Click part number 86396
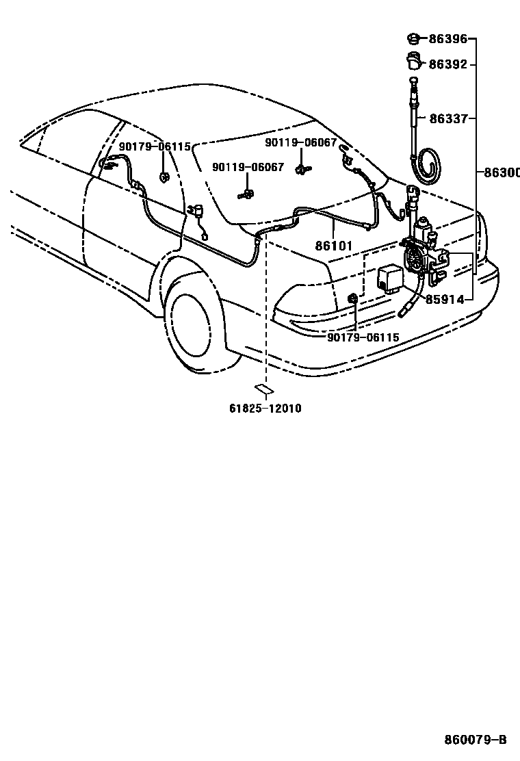click(448, 39)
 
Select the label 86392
click(448, 64)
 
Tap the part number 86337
click(448, 118)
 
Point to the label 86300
click(502, 172)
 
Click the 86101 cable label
click(333, 244)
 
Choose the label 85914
click(445, 299)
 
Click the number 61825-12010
click(265, 409)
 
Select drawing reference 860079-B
click(475, 740)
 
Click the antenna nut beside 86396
click(414, 38)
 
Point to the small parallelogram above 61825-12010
click(264, 389)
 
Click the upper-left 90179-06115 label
click(154, 146)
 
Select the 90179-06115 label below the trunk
click(363, 337)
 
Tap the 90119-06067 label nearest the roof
click(301, 142)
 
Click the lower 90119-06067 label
click(248, 167)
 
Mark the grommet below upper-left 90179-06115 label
click(164, 178)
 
